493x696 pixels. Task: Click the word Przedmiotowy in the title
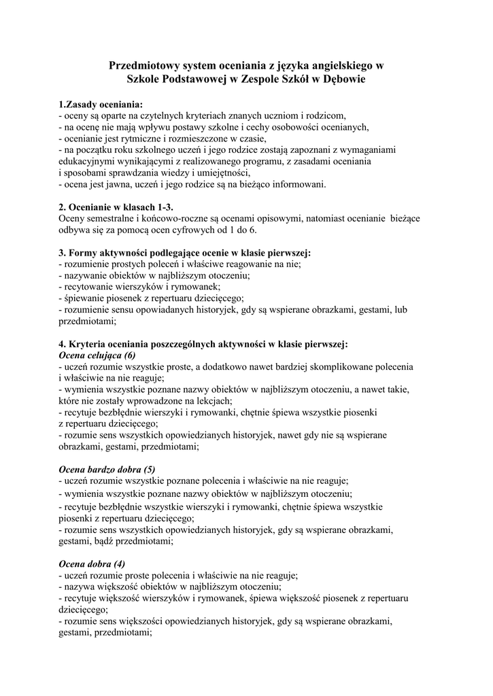(143, 66)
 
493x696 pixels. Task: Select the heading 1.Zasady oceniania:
(101, 105)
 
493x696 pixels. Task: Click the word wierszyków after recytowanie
(141, 286)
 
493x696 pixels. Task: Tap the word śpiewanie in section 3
(86, 298)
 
